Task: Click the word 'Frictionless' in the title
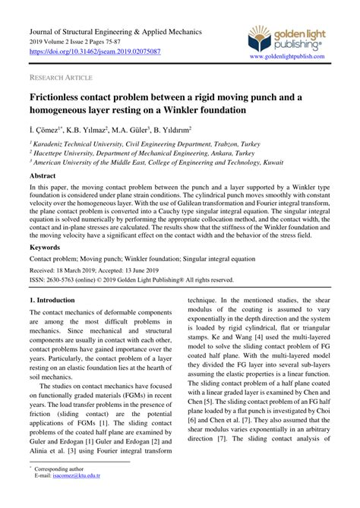pyautogui.click(x=63, y=98)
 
